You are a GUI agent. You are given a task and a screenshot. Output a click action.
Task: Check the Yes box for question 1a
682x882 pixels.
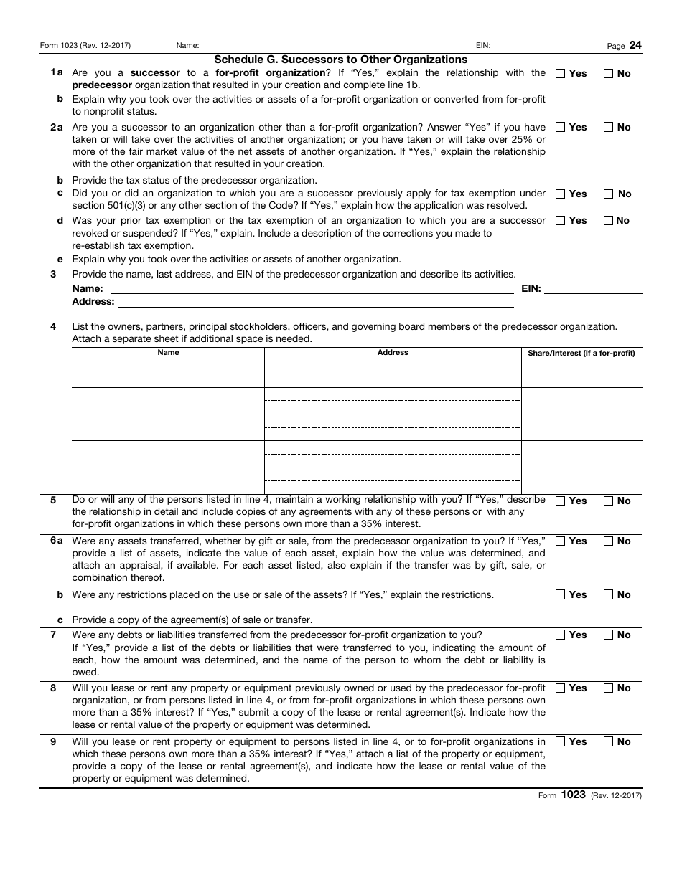pyautogui.click(x=561, y=73)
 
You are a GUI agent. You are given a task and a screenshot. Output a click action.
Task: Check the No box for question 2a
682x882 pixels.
pyautogui.click(x=608, y=127)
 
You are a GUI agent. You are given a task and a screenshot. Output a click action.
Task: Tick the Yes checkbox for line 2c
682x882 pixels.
pyautogui.click(x=561, y=194)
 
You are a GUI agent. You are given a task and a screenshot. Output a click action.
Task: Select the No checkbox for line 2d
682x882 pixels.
pyautogui.click(x=608, y=220)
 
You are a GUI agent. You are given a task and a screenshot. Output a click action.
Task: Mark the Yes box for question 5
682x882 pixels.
pyautogui.click(x=561, y=501)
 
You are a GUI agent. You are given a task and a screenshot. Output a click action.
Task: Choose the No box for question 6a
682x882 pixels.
pyautogui.click(x=608, y=541)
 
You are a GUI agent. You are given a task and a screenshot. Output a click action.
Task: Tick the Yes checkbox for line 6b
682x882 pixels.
pyautogui.click(x=561, y=594)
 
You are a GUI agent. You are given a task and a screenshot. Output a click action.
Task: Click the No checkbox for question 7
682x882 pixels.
pyautogui.click(x=608, y=635)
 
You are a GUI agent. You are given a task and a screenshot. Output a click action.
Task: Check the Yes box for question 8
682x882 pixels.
pyautogui.click(x=561, y=688)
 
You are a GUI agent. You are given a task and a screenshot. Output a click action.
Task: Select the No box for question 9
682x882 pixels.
pyautogui.click(x=608, y=741)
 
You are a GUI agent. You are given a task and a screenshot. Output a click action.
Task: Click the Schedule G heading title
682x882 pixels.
pyautogui.click(x=340, y=60)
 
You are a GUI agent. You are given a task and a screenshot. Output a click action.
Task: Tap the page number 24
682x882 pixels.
pyautogui.click(x=635, y=45)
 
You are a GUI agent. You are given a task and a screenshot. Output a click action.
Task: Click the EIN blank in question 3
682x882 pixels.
pyautogui.click(x=593, y=289)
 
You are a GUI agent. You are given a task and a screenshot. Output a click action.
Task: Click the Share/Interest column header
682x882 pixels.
pyautogui.click(x=581, y=353)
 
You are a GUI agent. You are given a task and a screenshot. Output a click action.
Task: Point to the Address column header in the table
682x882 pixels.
pyautogui.click(x=393, y=352)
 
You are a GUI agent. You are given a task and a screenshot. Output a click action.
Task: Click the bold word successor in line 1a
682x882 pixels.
pyautogui.click(x=154, y=72)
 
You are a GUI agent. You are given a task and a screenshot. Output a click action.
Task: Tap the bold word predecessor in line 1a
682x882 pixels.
pyautogui.click(x=101, y=85)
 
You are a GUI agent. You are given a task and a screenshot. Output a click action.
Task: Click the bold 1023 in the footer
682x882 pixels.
pyautogui.click(x=574, y=795)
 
